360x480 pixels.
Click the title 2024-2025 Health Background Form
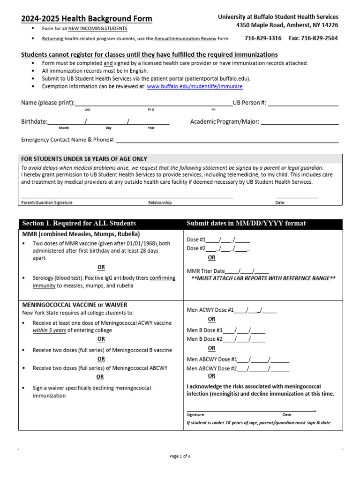click(x=87, y=19)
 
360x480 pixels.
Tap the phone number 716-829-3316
click(x=263, y=38)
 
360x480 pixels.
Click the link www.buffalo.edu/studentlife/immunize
click(x=195, y=87)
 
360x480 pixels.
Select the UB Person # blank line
click(x=303, y=103)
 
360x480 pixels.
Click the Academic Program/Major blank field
click(x=299, y=121)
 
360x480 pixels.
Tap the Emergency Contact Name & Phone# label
click(x=68, y=140)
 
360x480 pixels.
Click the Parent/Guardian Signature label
click(x=47, y=203)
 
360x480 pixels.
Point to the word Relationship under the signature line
click(x=160, y=203)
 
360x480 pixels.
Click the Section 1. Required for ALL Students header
click(x=79, y=223)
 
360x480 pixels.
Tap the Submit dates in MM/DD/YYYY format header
click(x=246, y=223)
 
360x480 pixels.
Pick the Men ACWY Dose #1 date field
click(x=255, y=310)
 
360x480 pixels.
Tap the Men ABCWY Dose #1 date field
click(x=263, y=360)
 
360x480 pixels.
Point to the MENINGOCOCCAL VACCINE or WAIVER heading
click(x=75, y=305)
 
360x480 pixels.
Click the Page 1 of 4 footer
click(x=180, y=457)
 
